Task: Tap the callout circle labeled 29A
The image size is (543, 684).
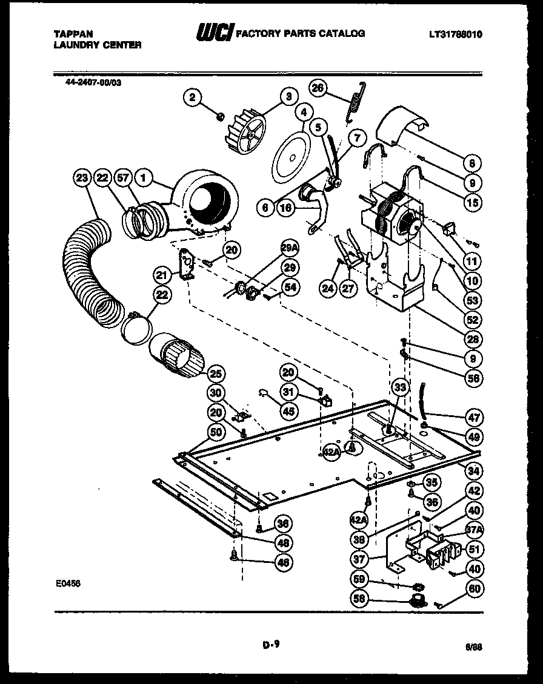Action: (x=290, y=248)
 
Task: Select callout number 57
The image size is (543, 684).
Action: (x=124, y=178)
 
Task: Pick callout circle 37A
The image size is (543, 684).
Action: (x=474, y=531)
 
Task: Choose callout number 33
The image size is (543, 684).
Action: (x=399, y=387)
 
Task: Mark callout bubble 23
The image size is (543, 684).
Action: (x=82, y=178)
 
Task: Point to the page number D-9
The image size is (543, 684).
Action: (x=271, y=646)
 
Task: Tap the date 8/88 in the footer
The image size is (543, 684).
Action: (x=474, y=647)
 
